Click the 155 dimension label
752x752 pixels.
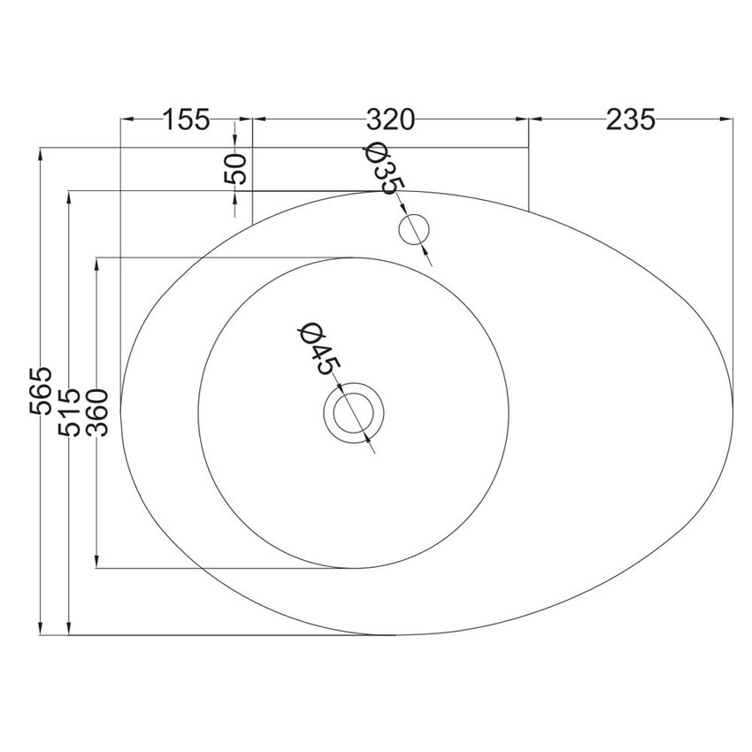coord(186,119)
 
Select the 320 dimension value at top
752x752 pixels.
coord(390,119)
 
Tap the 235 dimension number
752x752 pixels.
coord(631,119)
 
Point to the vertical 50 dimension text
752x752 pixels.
coord(235,168)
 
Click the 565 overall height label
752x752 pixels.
coord(41,391)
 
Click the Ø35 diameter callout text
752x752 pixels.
coord(384,168)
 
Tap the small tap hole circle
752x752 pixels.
coord(413,229)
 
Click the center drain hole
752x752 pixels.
coord(354,412)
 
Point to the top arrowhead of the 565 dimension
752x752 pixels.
coord(41,155)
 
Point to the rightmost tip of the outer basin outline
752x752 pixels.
coord(733,389)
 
